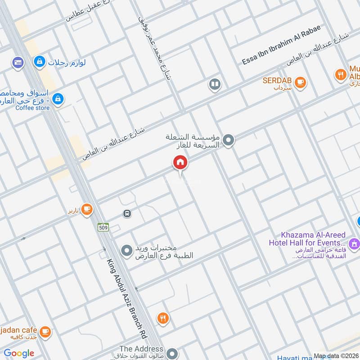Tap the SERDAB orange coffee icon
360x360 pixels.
pyautogui.click(x=301, y=82)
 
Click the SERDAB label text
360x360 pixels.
pyautogui.click(x=277, y=81)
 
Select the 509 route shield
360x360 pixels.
pyautogui.click(x=103, y=228)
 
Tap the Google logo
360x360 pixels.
pyautogui.click(x=19, y=353)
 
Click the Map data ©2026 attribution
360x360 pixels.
pyautogui.click(x=336, y=356)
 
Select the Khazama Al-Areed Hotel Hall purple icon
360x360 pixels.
pyautogui.click(x=354, y=243)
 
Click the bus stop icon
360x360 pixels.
pyautogui.click(x=127, y=213)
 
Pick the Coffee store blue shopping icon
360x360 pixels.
pyautogui.click(x=58, y=99)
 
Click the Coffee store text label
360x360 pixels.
pyautogui.click(x=32, y=108)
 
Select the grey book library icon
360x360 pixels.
pyautogui.click(x=215, y=84)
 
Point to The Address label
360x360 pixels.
pyautogui.click(x=141, y=349)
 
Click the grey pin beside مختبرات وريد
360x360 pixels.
pyautogui.click(x=127, y=249)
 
